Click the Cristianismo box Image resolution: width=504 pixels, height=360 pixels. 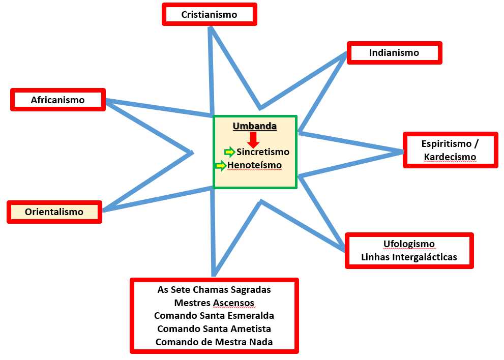point(209,14)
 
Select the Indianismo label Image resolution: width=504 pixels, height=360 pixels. point(394,53)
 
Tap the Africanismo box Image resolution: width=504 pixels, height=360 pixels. point(58,100)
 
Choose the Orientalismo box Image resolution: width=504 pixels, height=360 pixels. point(54,212)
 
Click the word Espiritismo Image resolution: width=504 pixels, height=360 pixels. point(446,144)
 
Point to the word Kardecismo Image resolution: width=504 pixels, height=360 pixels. point(450,157)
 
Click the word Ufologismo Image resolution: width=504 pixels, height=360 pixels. point(409,244)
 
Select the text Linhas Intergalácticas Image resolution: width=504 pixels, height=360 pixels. point(409,257)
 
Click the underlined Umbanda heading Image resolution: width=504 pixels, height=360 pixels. point(255,126)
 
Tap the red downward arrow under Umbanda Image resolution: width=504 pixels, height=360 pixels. point(253,140)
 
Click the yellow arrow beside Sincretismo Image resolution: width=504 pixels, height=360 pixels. point(230,152)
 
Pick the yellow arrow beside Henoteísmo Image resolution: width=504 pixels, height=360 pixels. point(221,166)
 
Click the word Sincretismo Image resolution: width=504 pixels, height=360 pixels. point(263,152)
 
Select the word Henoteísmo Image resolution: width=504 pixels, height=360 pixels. point(255,165)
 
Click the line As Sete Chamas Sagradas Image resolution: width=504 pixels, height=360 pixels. point(214,290)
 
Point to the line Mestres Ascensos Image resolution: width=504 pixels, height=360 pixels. point(214,303)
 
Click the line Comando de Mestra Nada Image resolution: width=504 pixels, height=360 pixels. point(214,342)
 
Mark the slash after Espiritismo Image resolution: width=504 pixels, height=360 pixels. point(477,144)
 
